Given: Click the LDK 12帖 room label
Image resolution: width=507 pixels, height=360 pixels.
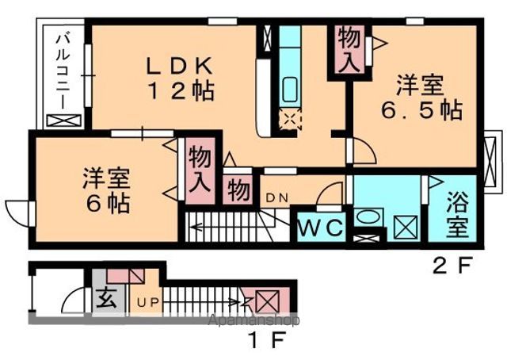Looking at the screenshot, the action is [181, 79].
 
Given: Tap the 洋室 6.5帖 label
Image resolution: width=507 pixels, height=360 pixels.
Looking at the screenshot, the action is [421, 97].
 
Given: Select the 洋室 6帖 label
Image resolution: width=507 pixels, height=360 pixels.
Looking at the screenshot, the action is [107, 190].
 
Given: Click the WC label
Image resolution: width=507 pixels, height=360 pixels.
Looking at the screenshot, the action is [320, 228].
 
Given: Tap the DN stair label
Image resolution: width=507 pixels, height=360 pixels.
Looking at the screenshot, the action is [276, 197].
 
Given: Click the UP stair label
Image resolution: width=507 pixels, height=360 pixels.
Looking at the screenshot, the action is [148, 303].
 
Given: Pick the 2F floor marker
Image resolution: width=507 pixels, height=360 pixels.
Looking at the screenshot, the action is [452, 266].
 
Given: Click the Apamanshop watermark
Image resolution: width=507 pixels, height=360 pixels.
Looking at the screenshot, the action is [253, 320].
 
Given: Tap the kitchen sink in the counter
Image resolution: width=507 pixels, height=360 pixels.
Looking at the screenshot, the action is [290, 90].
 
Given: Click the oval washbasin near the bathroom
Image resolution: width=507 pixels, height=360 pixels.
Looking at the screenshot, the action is [368, 216].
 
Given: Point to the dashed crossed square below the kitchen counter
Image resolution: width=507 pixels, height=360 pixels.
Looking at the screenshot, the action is [290, 119].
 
